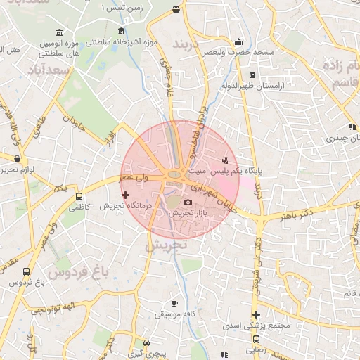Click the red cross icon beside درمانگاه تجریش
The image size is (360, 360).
pyautogui.click(x=126, y=195)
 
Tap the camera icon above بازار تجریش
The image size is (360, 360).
pyautogui.click(x=188, y=202)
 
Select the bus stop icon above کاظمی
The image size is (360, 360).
pyautogui.click(x=78, y=197)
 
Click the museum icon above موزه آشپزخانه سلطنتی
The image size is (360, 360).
pyautogui.click(x=122, y=32)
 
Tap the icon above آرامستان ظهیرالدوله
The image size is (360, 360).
pyautogui.click(x=251, y=75)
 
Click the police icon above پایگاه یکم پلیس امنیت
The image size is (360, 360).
pyautogui.click(x=225, y=160)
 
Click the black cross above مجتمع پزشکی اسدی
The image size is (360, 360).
pyautogui.click(x=257, y=314)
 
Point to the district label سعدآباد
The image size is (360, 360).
pyautogui.click(x=51, y=72)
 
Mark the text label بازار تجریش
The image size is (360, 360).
pyautogui.click(x=188, y=213)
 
